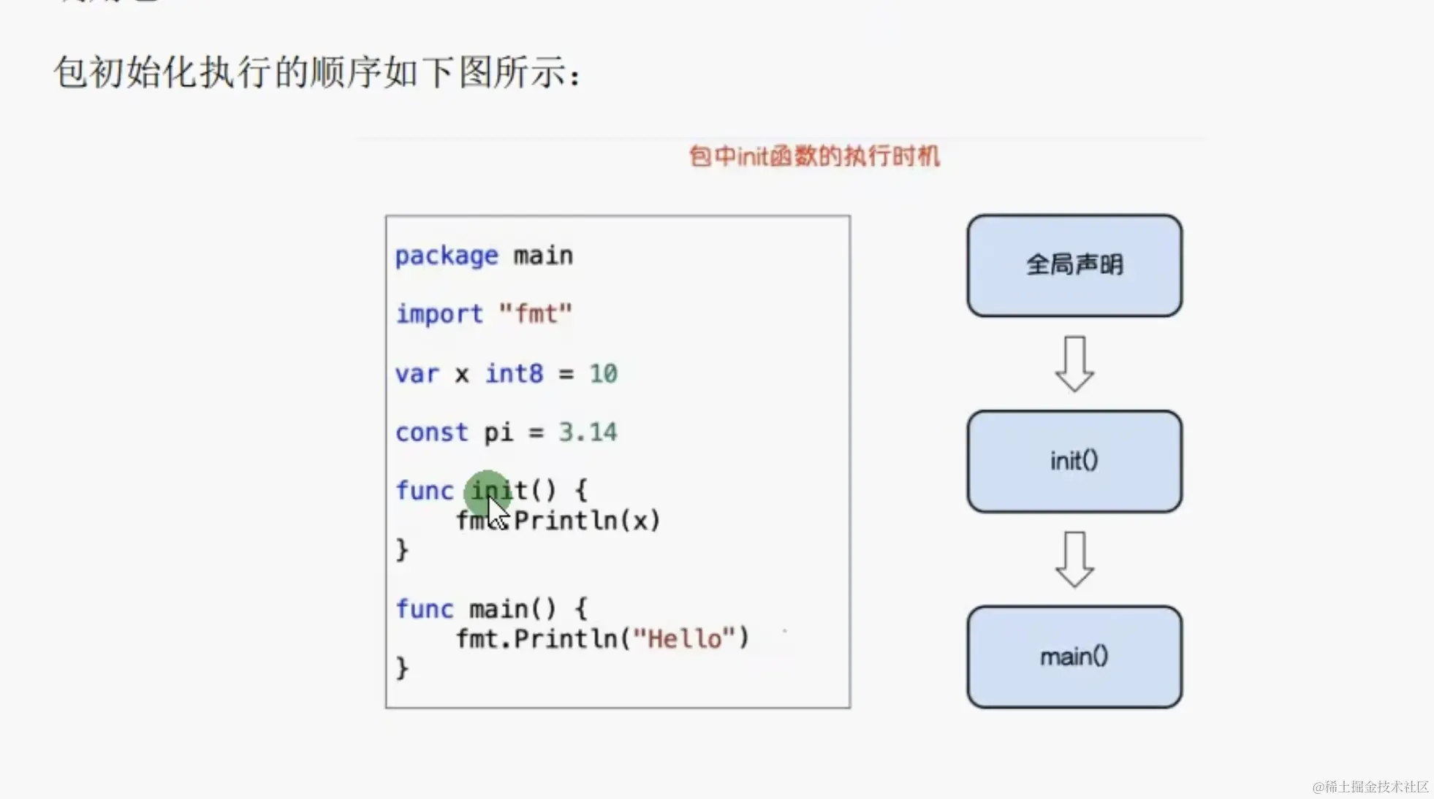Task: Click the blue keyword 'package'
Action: click(x=446, y=256)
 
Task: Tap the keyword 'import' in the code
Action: click(x=439, y=314)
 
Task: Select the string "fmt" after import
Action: click(x=535, y=314)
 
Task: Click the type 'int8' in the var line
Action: click(x=514, y=373)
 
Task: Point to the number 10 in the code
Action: click(x=603, y=373)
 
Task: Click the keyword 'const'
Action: click(x=431, y=432)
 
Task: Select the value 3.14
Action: click(x=588, y=432)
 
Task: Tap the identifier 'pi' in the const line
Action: click(x=498, y=432)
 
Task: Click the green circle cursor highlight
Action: click(x=486, y=493)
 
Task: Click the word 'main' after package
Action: click(x=543, y=256)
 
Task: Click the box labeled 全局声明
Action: click(x=1074, y=265)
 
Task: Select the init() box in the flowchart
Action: click(x=1074, y=461)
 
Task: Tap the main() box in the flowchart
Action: click(x=1074, y=657)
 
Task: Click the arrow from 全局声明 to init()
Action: click(x=1074, y=363)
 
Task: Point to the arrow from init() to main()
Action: click(x=1074, y=559)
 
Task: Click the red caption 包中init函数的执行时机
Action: click(x=814, y=156)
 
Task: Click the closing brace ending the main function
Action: click(x=402, y=668)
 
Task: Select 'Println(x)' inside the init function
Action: click(x=587, y=521)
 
